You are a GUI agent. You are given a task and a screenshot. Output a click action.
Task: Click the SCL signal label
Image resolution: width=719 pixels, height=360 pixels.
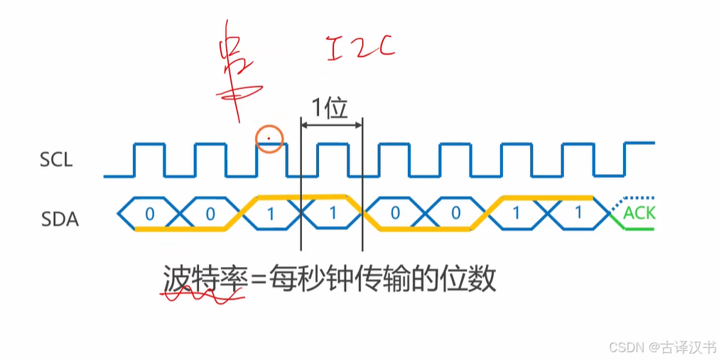point(56,160)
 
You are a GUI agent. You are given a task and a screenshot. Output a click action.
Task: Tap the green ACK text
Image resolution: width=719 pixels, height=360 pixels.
point(639,213)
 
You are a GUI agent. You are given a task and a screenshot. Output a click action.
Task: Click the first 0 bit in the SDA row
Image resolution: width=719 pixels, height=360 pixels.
point(149,213)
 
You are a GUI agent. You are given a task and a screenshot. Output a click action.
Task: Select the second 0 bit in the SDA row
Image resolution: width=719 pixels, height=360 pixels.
point(210,213)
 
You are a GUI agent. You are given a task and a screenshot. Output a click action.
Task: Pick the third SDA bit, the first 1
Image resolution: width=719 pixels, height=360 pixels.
point(271,213)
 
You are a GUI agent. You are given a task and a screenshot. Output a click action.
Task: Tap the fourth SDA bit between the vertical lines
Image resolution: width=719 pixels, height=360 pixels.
point(333,213)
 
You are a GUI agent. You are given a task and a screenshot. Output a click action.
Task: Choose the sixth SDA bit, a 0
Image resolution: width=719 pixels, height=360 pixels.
point(455,213)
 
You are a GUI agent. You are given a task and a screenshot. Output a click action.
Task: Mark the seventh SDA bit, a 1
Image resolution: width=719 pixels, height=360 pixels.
point(517,213)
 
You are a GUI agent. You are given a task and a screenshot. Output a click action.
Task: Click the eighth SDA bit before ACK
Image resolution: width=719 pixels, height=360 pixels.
point(578,213)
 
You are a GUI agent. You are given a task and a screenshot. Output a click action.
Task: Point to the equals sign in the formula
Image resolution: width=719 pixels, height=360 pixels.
point(257,280)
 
